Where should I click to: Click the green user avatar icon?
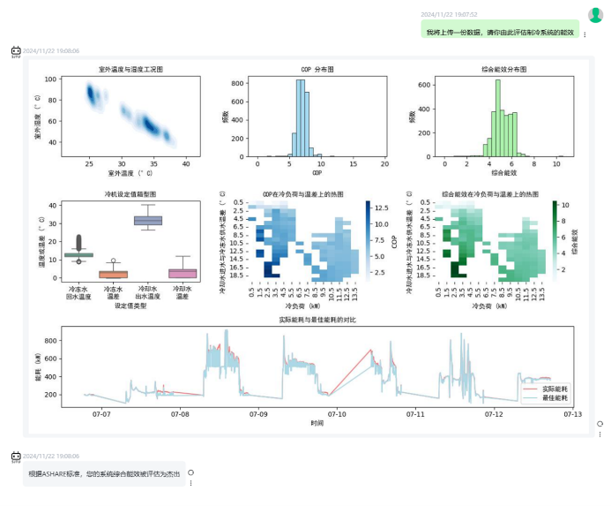[595, 14]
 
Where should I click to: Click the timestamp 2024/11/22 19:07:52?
[449, 14]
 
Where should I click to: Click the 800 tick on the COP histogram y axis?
[238, 83]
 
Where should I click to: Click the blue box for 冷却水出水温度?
[147, 220]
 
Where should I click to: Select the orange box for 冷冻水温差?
[113, 274]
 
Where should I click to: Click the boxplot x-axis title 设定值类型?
[130, 306]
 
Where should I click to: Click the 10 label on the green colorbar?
[565, 205]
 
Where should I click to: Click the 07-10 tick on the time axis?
[337, 413]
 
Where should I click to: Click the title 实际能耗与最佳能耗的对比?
[317, 319]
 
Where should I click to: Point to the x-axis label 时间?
[317, 424]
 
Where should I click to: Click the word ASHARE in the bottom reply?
[55, 474]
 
